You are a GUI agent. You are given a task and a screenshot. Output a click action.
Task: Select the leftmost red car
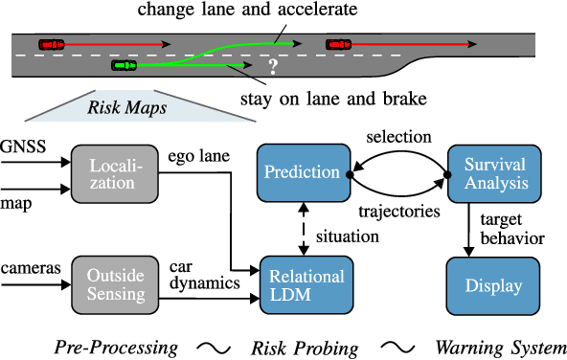click(x=51, y=43)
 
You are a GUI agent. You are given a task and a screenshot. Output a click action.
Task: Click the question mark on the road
click(x=273, y=67)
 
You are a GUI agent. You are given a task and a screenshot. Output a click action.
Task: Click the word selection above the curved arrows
click(x=397, y=138)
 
